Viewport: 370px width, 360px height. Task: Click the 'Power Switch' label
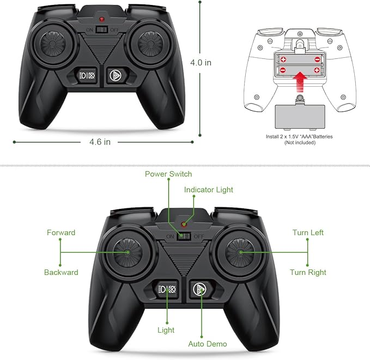[x=168, y=174]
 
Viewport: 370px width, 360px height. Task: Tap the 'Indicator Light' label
[x=208, y=190]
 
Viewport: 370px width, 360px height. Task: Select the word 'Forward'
[x=61, y=232]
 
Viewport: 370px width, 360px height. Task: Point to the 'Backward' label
[x=61, y=272]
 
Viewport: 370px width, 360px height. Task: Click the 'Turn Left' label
[x=308, y=232]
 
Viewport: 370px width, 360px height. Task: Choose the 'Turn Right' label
[x=308, y=272]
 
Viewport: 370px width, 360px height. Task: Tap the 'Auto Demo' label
[x=208, y=344]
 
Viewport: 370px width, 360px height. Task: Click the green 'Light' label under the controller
[x=166, y=330]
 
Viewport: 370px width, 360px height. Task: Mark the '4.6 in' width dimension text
[x=100, y=142]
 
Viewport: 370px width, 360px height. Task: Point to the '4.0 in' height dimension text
[x=201, y=63]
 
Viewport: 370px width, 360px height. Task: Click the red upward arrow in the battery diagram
[x=300, y=82]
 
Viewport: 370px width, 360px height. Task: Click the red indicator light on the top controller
[x=102, y=19]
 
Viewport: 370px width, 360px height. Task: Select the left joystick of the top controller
[x=53, y=44]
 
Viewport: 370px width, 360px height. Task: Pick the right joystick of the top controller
[x=150, y=44]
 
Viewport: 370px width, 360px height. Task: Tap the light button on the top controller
[x=87, y=76]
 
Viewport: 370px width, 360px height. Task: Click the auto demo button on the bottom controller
[x=199, y=289]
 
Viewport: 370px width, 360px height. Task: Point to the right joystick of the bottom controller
[x=240, y=253]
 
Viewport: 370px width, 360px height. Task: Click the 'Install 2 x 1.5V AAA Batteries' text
[x=299, y=136]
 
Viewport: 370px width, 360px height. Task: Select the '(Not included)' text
[x=300, y=142]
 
